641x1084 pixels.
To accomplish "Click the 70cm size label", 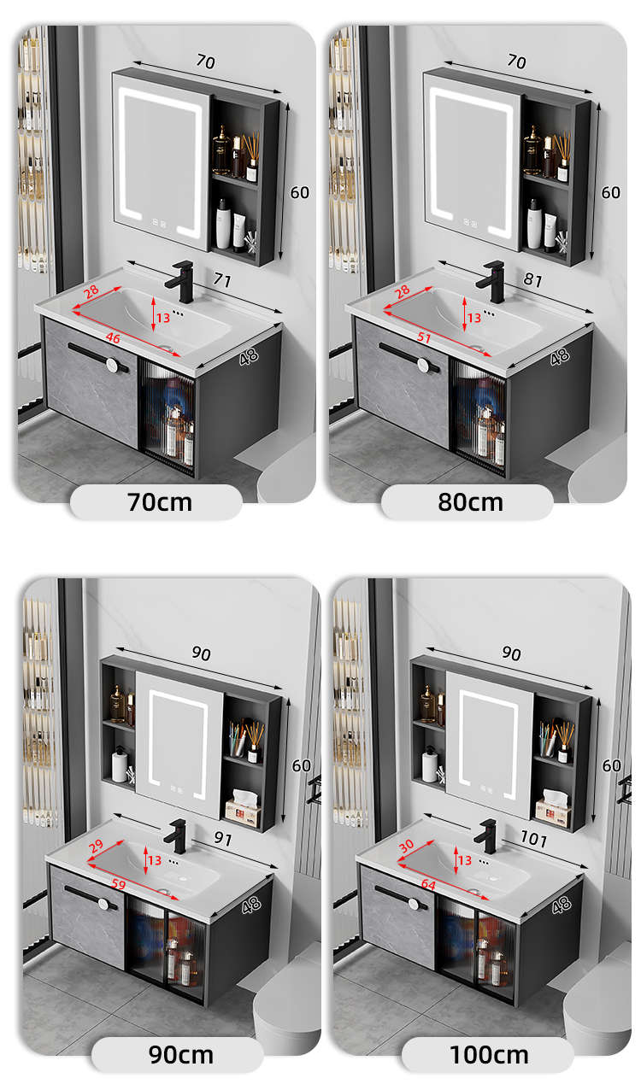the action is (160, 502).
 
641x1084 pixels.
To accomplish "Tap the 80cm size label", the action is (471, 502).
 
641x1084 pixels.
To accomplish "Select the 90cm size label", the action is (180, 1055).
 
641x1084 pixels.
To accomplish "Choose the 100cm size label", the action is (489, 1055).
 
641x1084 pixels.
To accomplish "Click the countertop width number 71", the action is (222, 279).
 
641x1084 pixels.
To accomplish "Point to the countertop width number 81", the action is (532, 279).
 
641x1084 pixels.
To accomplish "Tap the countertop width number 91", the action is (223, 838).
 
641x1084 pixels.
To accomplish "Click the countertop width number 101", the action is (533, 839).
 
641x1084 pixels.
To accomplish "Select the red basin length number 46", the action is (113, 337).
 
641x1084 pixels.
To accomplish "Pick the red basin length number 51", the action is (424, 337).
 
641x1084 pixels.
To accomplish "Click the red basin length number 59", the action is (119, 884).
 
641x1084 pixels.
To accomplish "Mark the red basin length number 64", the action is (428, 885).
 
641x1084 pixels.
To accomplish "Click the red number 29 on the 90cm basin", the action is (96, 846).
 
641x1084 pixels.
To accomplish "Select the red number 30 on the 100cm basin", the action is (406, 846).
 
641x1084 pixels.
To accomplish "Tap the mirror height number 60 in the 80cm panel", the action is (610, 192).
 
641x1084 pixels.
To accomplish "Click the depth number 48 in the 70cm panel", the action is (249, 357).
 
